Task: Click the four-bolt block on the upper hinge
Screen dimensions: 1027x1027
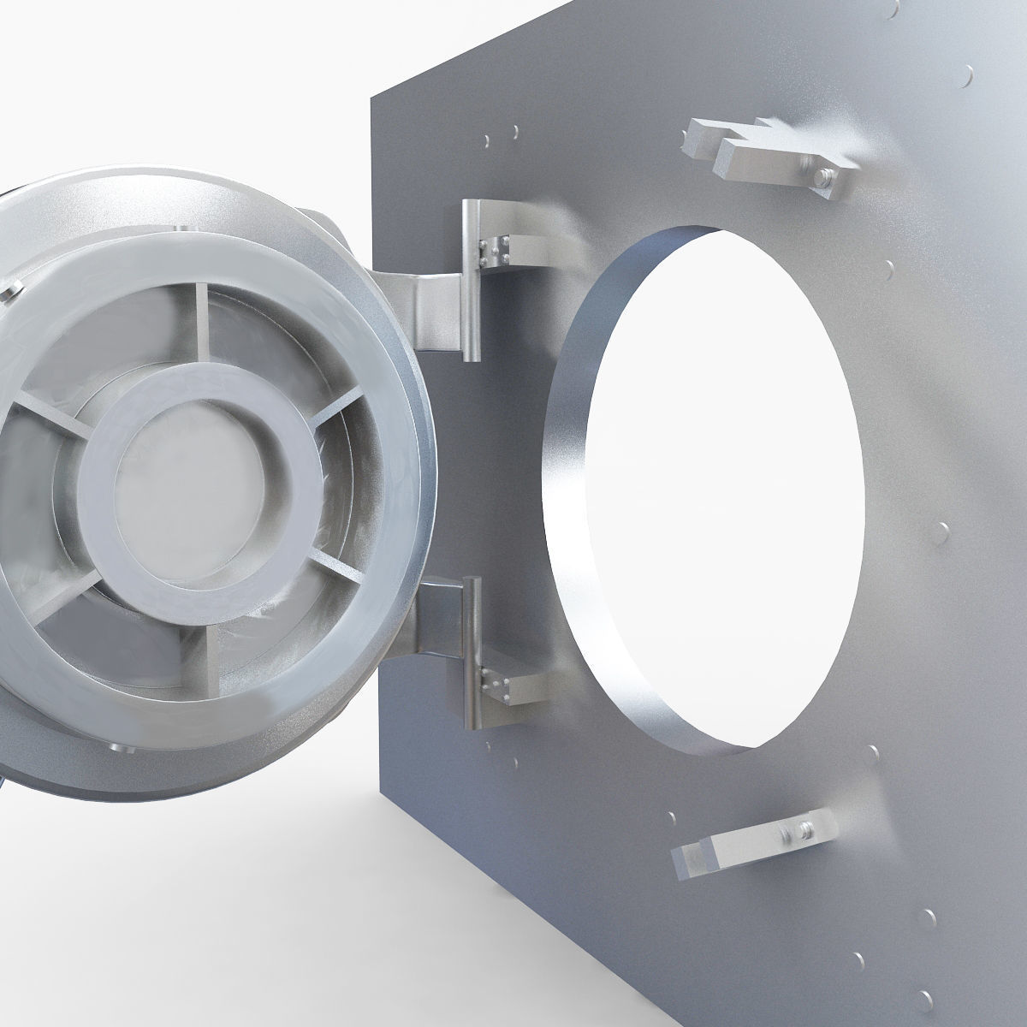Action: tap(497, 249)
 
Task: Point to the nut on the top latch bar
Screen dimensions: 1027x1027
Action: tap(823, 177)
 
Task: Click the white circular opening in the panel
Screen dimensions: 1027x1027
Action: tap(727, 488)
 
